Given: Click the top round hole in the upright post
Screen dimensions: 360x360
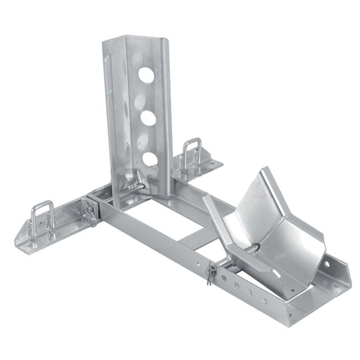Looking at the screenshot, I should (x=146, y=75).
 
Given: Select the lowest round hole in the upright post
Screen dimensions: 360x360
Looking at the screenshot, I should (x=149, y=160).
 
